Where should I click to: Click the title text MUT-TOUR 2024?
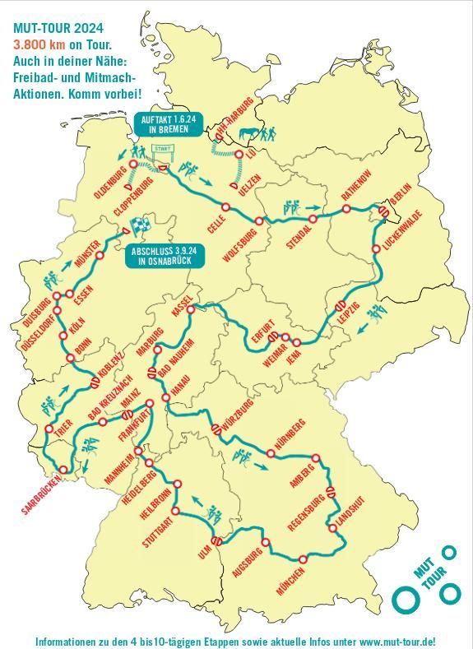(x=58, y=26)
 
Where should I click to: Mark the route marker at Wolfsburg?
(x=259, y=220)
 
